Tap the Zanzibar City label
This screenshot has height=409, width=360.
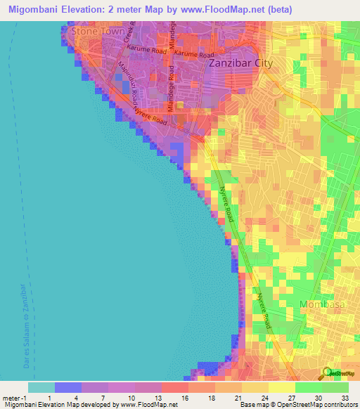(241, 63)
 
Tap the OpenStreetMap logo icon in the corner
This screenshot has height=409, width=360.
(327, 373)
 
